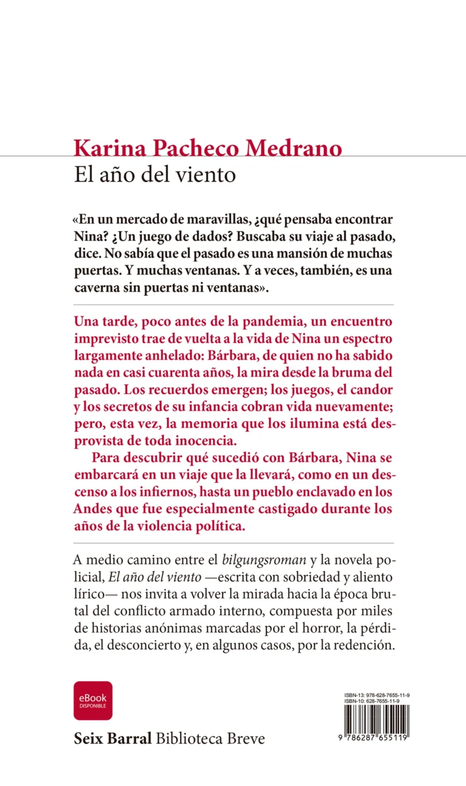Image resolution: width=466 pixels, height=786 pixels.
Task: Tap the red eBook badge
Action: tap(93, 700)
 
